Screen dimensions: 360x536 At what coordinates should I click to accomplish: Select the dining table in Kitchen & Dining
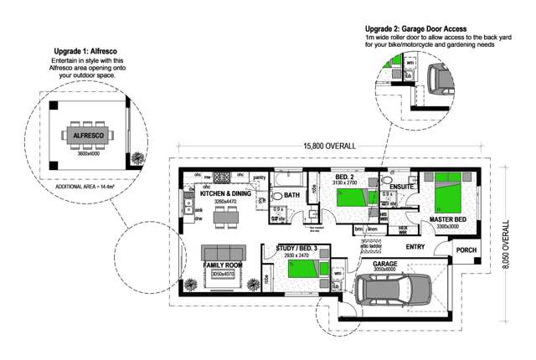click(x=224, y=219)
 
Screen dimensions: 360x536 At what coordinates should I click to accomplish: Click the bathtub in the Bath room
click(x=292, y=179)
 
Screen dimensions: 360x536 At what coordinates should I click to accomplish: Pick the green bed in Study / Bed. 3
click(x=301, y=269)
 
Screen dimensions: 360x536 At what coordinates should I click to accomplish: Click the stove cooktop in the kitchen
click(x=223, y=177)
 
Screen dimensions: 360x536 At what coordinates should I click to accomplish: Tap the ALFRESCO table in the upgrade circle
click(x=88, y=135)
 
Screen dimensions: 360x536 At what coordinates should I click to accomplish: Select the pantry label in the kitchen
click(x=259, y=177)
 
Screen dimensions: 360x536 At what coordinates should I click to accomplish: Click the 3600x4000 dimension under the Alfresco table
click(x=88, y=153)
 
